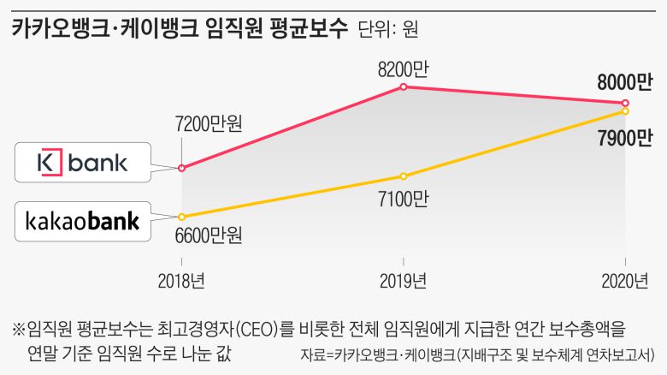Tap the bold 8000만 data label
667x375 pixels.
624,82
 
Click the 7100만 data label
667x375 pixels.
402,199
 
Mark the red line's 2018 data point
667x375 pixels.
181,168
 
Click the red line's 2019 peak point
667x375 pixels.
403,86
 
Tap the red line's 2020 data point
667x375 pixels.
626,103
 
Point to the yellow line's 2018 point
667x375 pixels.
181,216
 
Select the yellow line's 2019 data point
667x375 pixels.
403,176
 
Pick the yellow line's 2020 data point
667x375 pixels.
626,111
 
